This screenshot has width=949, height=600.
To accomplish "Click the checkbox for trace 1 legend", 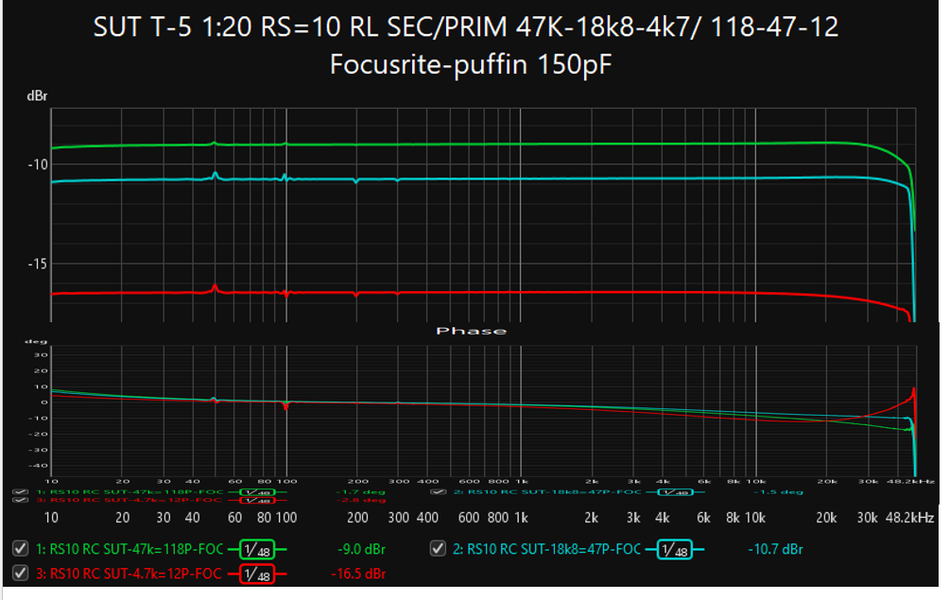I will [x=20, y=549].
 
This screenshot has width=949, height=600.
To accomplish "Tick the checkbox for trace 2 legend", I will [x=438, y=549].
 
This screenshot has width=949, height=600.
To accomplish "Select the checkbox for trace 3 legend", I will [x=20, y=574].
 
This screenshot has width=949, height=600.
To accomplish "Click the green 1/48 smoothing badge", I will [x=254, y=549].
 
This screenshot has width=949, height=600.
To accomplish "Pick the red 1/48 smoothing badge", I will [x=254, y=574].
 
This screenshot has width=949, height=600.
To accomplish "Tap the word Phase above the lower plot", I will [x=483, y=331].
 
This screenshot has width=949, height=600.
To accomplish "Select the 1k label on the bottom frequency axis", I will [x=521, y=518].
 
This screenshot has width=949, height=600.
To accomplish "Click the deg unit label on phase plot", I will [x=36, y=342].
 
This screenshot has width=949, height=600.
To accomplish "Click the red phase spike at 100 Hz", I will [x=285, y=406].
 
